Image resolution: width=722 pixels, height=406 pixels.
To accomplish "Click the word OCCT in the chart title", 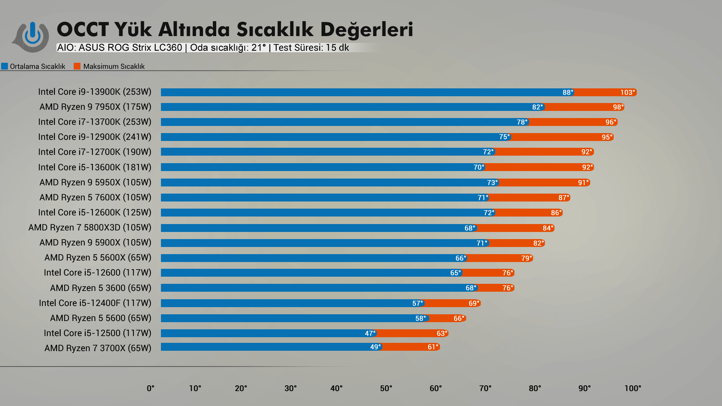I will click(83, 29).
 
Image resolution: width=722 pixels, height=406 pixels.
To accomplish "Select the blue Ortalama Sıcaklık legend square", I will click(5, 67).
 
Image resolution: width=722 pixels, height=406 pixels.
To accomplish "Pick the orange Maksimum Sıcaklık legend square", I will click(77, 67).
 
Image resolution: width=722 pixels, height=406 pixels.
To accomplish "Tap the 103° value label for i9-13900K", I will click(627, 92).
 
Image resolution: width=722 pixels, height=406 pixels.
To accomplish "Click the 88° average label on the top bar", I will click(567, 92).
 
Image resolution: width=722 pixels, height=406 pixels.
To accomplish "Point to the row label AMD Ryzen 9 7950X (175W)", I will click(95, 107).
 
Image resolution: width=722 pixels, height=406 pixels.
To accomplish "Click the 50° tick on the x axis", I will click(386, 388).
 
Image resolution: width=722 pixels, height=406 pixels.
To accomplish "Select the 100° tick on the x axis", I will click(633, 388).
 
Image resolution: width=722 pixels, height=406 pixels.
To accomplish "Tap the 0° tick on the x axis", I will click(150, 388).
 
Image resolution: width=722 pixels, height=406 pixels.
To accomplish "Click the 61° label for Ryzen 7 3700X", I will click(432, 347).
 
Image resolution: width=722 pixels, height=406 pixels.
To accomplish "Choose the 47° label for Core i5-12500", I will click(370, 333).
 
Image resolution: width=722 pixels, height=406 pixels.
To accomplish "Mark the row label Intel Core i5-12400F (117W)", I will click(95, 303).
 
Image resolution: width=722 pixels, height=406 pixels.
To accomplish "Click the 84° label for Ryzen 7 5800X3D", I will click(548, 228).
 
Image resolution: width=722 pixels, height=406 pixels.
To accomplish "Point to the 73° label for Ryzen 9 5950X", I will click(492, 183).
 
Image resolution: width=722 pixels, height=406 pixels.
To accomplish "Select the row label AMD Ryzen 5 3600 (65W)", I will click(100, 288).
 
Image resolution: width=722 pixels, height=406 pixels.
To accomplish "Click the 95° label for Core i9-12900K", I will click(607, 137).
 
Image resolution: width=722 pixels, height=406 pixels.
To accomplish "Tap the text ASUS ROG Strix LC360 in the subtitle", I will click(130, 48).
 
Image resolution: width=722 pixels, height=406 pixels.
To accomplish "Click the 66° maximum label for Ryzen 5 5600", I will click(458, 318).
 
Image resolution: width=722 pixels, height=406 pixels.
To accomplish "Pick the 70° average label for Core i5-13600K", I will click(478, 167).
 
